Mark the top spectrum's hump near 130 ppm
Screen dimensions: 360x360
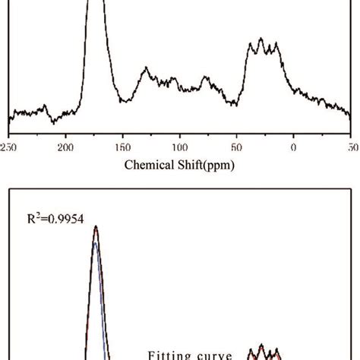[x=145, y=70]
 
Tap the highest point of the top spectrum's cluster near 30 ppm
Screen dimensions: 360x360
[x=261, y=39]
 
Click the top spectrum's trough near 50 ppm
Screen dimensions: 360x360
[x=233, y=99]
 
